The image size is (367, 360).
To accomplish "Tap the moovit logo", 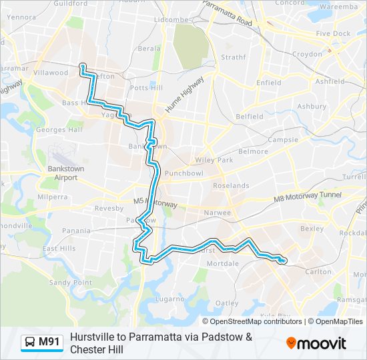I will coord(316,343).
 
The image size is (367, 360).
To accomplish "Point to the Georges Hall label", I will coord(59,129).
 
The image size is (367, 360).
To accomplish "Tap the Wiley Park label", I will coord(214,160).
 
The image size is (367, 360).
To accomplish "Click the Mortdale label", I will coord(223,264).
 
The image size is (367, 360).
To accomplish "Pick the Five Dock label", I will coord(333,33).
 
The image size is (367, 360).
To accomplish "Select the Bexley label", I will coord(312,229).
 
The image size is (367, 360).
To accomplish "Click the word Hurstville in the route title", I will coord(93,337).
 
